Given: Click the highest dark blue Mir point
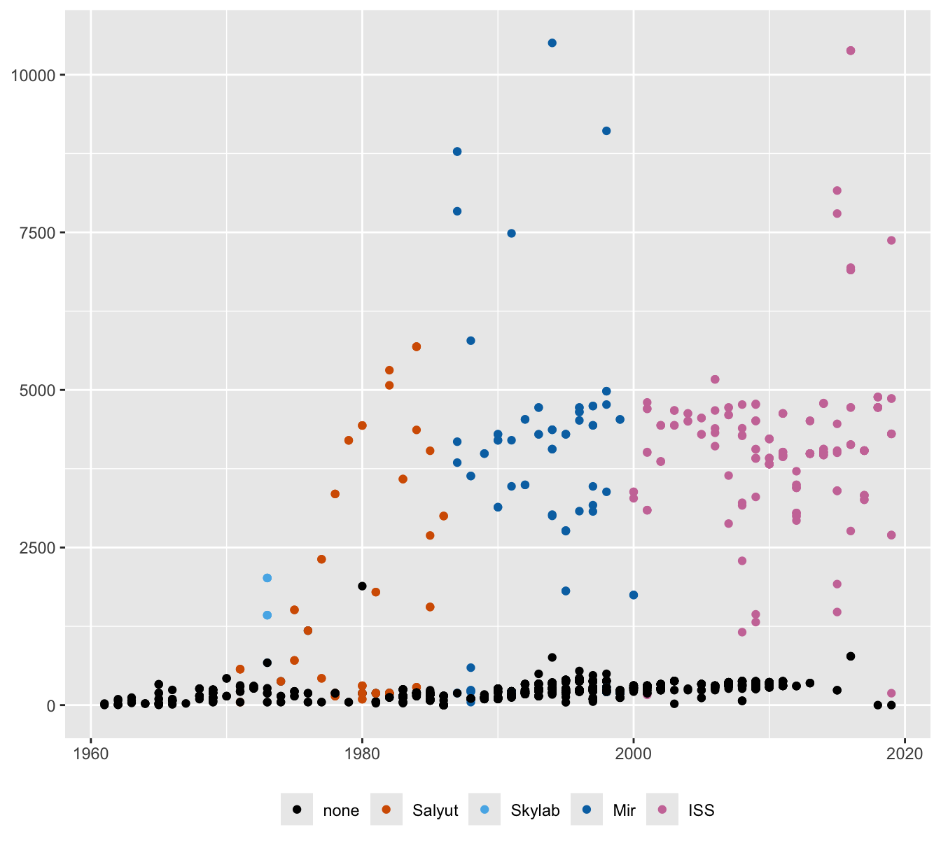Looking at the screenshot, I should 552,43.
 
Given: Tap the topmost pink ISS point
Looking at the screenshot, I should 851,50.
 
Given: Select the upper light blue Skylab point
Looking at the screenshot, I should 267,578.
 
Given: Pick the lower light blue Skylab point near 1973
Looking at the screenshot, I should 267,615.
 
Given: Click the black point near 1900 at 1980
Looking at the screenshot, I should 362,586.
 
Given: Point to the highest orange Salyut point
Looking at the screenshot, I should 417,346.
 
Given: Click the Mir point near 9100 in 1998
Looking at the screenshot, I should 606,131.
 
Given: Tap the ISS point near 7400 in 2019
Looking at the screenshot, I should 891,240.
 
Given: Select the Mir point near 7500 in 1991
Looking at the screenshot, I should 511,233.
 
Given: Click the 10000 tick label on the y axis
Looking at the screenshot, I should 32,75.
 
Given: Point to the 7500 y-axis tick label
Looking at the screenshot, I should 36,232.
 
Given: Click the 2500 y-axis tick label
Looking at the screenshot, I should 36,547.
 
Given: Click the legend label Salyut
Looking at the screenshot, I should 435,810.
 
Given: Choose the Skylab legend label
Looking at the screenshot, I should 535,810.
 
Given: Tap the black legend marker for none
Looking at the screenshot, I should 297,810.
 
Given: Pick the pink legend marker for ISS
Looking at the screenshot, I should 662,810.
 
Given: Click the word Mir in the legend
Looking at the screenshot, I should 624,810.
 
